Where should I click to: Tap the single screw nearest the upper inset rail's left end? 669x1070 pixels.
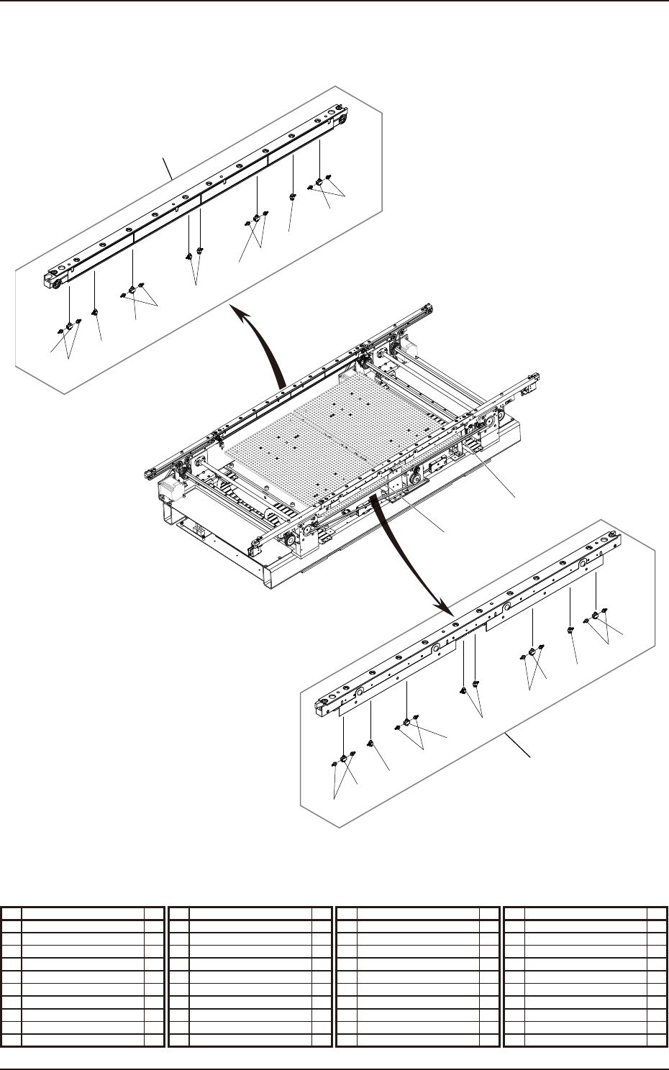tap(95, 313)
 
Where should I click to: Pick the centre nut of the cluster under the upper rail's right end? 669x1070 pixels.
tap(319, 183)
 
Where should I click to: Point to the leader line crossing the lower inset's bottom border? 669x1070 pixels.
tap(519, 746)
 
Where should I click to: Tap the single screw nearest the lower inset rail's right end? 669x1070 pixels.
tap(570, 630)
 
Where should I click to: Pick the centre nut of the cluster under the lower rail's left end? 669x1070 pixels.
tap(343, 759)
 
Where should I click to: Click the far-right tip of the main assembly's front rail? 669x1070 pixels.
tap(536, 375)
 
